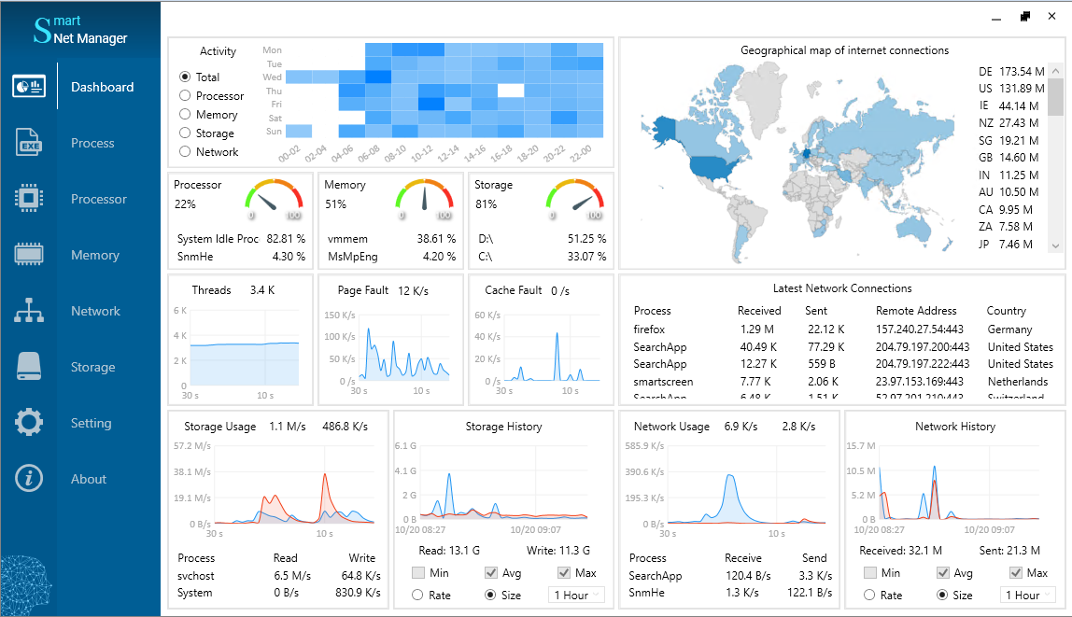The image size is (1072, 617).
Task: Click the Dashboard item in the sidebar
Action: click(102, 87)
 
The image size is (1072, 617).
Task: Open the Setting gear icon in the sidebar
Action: click(29, 423)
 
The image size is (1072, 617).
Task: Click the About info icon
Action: click(29, 479)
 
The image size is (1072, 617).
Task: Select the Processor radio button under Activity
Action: click(185, 96)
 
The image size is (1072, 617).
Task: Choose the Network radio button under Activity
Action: click(185, 152)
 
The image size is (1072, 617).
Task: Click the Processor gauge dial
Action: click(275, 199)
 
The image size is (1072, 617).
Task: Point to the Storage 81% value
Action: click(486, 203)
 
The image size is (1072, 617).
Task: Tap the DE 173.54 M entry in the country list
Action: click(1009, 72)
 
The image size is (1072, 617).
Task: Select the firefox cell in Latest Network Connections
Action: click(649, 330)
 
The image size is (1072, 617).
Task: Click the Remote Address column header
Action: click(916, 311)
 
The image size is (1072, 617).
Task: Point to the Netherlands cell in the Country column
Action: click(1017, 382)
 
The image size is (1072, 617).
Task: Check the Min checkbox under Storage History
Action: click(418, 573)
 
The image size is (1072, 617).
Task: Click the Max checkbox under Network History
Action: click(1016, 573)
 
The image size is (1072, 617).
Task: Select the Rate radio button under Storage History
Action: click(418, 595)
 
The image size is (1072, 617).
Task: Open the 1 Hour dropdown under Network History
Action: click(1028, 595)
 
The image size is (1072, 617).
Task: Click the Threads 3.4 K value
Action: click(261, 290)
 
